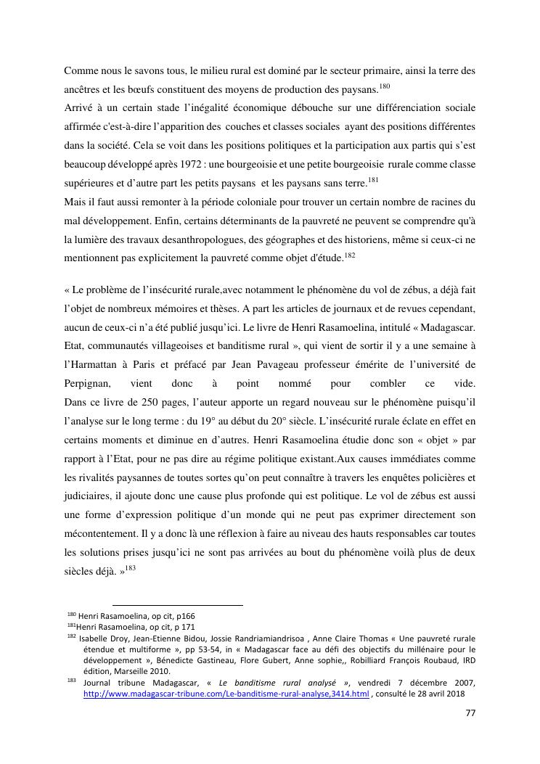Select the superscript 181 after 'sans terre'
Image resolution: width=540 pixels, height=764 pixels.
coord(373,181)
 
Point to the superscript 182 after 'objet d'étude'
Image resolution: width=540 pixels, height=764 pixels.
coord(349,255)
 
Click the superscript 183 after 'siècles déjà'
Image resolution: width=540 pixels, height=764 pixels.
coord(130,567)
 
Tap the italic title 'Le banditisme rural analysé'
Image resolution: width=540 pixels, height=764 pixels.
coord(287,683)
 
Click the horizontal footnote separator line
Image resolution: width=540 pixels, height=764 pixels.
coord(177,604)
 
